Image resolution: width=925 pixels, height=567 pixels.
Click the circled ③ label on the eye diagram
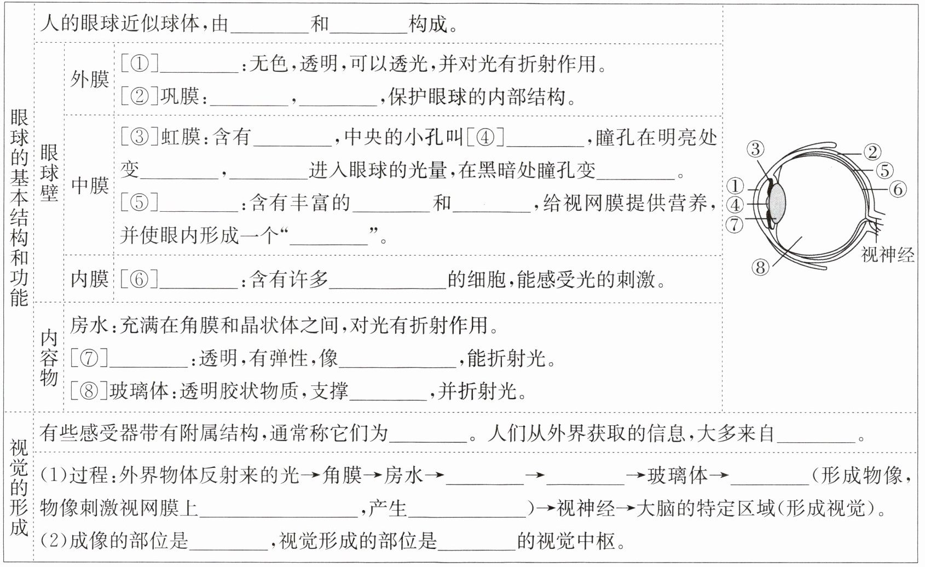click(x=755, y=149)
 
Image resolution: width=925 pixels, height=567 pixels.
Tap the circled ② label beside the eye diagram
click(x=872, y=152)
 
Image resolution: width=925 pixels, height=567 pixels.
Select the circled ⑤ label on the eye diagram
click(x=884, y=171)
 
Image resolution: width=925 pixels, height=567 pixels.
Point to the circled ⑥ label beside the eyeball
click(x=897, y=190)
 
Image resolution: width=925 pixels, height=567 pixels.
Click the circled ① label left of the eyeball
click(x=735, y=186)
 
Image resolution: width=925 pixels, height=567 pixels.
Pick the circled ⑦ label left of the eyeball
click(x=735, y=224)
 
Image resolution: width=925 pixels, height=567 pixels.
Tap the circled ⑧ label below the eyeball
click(x=760, y=268)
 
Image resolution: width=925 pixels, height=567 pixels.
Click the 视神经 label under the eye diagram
click(x=887, y=254)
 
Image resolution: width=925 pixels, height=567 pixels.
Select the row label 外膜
click(x=90, y=79)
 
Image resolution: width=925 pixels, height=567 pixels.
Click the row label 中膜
click(x=90, y=186)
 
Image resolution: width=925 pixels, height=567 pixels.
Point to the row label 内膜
click(x=90, y=279)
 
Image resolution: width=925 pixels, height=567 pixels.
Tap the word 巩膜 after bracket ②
click(x=180, y=97)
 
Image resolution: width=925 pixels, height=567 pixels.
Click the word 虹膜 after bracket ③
click(x=180, y=137)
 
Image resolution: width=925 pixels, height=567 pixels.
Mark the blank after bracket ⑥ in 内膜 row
click(x=199, y=280)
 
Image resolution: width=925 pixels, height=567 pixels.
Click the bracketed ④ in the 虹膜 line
click(x=485, y=137)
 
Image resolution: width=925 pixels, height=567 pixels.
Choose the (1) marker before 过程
click(x=53, y=475)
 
